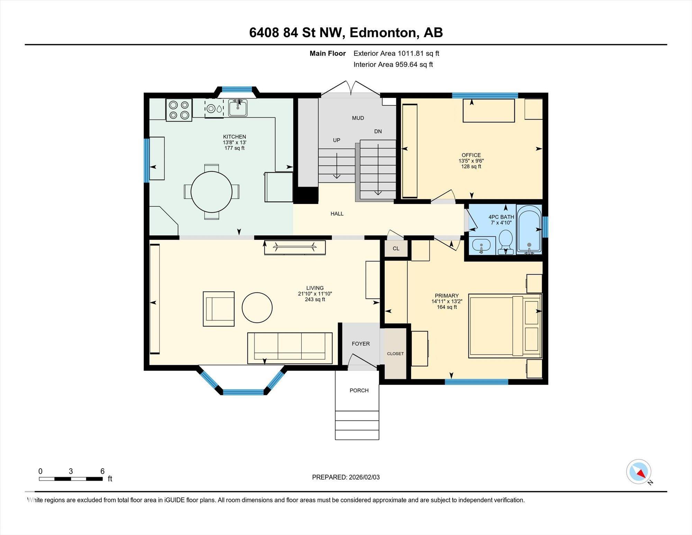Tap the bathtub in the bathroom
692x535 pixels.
pos(529,229)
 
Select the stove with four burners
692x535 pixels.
pos(179,110)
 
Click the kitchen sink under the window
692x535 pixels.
pos(238,108)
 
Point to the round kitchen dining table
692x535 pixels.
pos(211,192)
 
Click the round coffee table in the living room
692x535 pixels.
pos(257,307)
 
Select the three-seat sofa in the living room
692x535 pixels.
pos(290,348)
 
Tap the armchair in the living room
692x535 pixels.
pos(219,309)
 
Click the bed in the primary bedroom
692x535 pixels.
pos(505,326)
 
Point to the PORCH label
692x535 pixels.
pos(359,390)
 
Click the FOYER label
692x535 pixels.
pos(361,344)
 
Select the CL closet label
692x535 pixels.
pos(396,248)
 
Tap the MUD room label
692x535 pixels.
pos(358,118)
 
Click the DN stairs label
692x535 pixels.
pos(378,131)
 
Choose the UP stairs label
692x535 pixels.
pos(337,140)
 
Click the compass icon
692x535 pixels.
pos(639,472)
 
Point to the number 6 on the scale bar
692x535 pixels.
pos(102,471)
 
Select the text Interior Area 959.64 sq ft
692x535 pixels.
pos(393,64)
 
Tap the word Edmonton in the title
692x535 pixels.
pos(383,33)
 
